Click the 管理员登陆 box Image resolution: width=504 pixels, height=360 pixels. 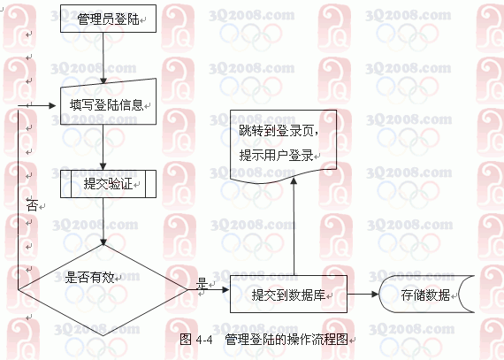pos(109,19)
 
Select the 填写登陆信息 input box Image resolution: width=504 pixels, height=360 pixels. pos(109,103)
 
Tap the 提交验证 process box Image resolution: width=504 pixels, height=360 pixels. pos(109,184)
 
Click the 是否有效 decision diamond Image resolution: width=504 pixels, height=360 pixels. pos(103,290)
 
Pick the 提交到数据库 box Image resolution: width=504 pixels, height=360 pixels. pos(288,295)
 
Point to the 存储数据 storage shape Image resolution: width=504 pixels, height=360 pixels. pos(426,295)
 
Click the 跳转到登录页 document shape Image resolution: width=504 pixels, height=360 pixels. pos(283,146)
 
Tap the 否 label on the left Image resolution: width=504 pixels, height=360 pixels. pos(33,205)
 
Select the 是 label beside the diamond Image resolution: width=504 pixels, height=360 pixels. pos(202,284)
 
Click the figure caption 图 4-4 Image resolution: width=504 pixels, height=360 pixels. pos(196,339)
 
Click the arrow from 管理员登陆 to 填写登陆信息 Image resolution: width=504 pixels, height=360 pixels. pos(103,57)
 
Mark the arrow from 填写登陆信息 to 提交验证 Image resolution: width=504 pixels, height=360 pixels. pos(103,147)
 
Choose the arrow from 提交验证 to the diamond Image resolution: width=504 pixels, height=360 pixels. pos(103,221)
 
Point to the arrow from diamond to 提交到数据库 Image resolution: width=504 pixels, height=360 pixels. pos(209,290)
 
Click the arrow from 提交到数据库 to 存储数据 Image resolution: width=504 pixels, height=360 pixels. pos(363,294)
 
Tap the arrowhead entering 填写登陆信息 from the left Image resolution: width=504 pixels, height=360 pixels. pos(52,105)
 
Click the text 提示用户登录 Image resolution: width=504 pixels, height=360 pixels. pos(276,156)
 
